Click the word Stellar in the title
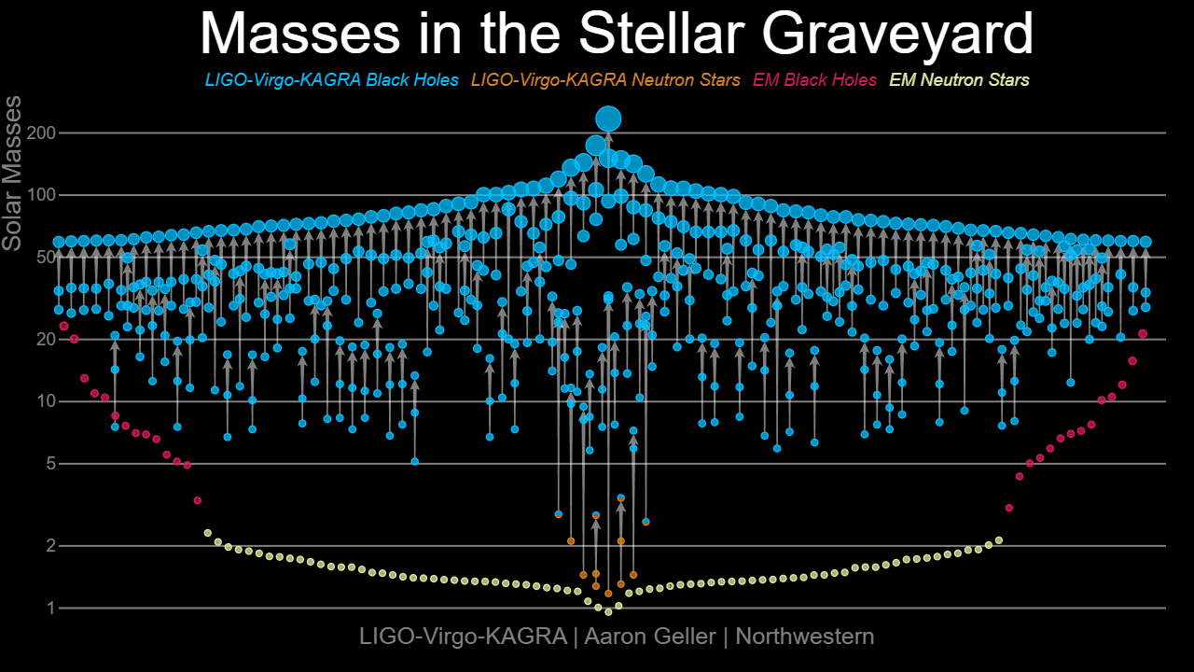click(x=662, y=32)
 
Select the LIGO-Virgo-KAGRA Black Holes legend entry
click(x=331, y=80)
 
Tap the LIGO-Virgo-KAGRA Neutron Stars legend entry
click(x=605, y=80)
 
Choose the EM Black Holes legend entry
click(x=814, y=80)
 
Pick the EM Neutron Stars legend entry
click(x=960, y=80)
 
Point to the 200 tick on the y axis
click(x=41, y=133)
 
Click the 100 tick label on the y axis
click(x=41, y=195)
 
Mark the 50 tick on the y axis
click(x=46, y=257)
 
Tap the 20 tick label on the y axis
click(x=46, y=339)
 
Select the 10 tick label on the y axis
click(x=46, y=401)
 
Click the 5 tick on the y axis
click(x=51, y=464)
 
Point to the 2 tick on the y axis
click(x=51, y=546)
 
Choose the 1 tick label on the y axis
click(x=51, y=608)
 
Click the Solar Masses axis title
click(x=12, y=174)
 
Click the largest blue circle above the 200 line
click(x=608, y=119)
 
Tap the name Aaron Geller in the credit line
click(x=650, y=637)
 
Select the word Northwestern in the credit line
click(x=805, y=637)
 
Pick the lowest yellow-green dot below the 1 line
click(x=608, y=612)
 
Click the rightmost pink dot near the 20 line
click(x=1143, y=334)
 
